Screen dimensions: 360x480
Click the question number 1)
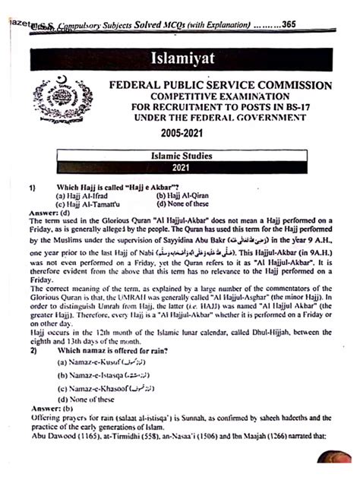[33, 186]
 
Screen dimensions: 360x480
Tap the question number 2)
[33, 351]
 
